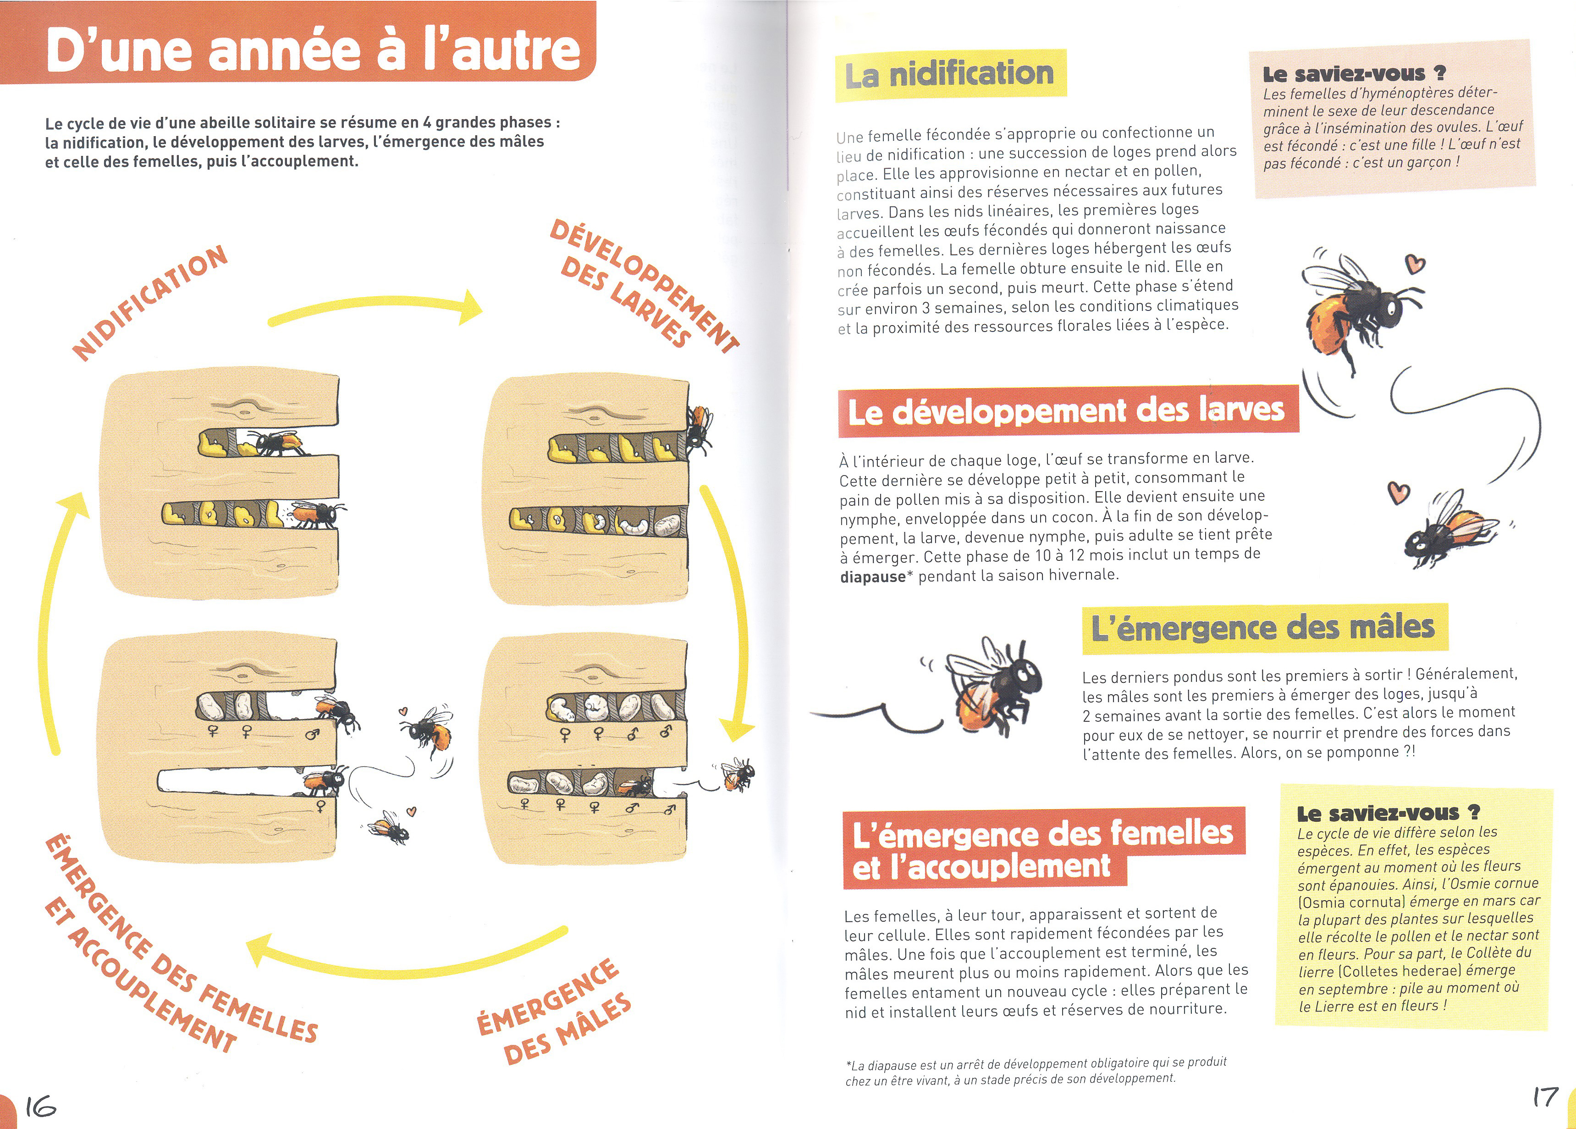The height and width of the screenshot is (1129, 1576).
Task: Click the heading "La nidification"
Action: (949, 74)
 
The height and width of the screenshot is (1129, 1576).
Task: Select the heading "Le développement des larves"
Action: (1067, 411)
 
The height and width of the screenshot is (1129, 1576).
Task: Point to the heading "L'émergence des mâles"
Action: (1262, 628)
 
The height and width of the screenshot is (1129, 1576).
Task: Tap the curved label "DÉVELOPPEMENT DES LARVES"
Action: (643, 285)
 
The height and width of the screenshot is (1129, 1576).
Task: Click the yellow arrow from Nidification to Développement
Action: (375, 308)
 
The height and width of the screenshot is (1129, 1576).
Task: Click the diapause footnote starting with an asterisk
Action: (1036, 1071)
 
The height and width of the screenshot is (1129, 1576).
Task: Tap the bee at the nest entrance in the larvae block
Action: (698, 427)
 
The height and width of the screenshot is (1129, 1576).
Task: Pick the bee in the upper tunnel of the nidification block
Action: (278, 442)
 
